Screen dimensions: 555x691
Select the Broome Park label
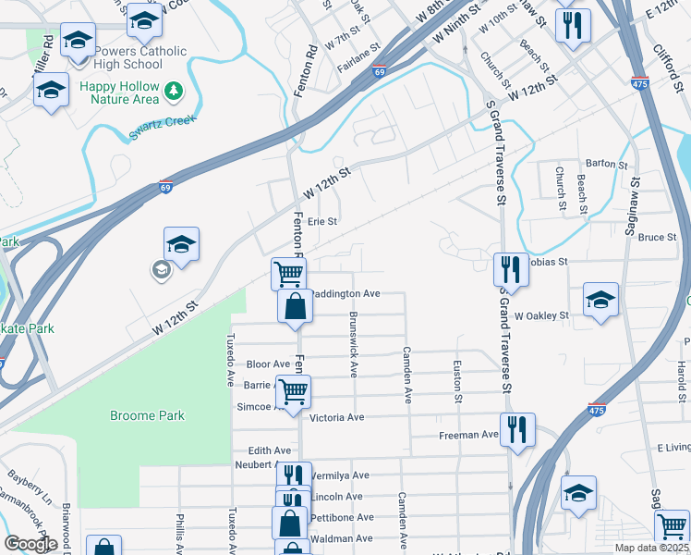pyautogui.click(x=147, y=415)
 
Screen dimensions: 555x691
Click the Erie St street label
pyautogui.click(x=322, y=222)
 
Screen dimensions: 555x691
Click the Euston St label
pyautogui.click(x=458, y=380)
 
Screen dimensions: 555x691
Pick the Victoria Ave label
pyautogui.click(x=339, y=418)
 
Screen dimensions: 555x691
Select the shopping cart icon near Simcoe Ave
pyautogui.click(x=294, y=389)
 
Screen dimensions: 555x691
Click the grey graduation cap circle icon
pyautogui.click(x=161, y=269)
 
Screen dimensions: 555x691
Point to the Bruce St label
pyautogui.click(x=657, y=238)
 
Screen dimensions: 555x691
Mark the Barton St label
pyautogui.click(x=606, y=164)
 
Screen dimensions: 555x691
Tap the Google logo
pyautogui.click(x=30, y=544)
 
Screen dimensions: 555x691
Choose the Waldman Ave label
pyautogui.click(x=342, y=538)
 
